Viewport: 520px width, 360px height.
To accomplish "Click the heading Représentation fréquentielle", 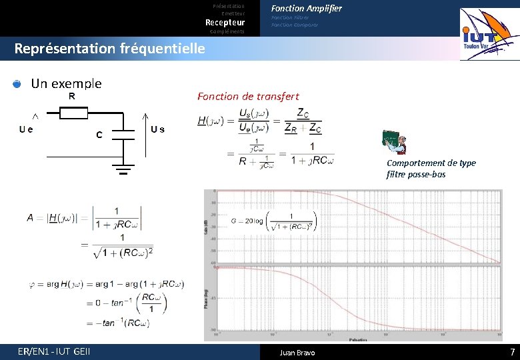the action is tap(109, 49).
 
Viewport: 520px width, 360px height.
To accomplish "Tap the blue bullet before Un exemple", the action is tap(17, 84).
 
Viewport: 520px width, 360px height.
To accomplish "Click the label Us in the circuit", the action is tap(157, 129).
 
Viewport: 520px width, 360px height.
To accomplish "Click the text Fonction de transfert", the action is tap(248, 97).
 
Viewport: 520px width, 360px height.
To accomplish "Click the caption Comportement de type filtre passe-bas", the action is tap(431, 169).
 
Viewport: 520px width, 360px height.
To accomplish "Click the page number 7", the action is tap(512, 351).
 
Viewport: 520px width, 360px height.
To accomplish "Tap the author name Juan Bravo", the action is tap(297, 352).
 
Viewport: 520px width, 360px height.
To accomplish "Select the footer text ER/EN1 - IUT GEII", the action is tap(55, 351).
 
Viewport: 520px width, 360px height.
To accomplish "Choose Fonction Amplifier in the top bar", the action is tap(306, 8).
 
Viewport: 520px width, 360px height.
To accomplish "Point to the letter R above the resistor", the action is tap(72, 96).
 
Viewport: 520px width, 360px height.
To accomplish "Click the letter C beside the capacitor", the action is tap(99, 135).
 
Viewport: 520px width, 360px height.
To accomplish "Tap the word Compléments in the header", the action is tap(227, 31).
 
